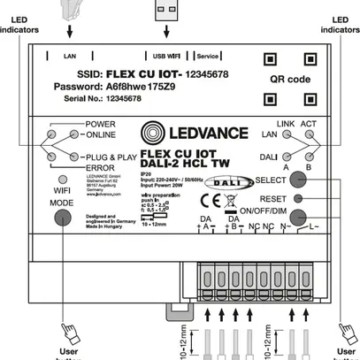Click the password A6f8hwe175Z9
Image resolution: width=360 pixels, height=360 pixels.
(129, 88)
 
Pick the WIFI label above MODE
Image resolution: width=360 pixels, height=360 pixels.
(61, 188)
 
